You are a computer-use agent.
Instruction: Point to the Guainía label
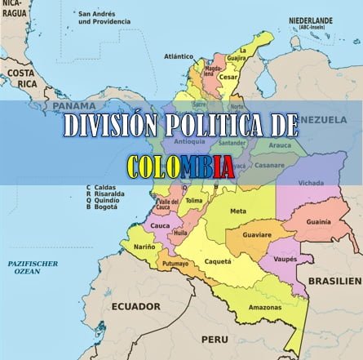tap(318, 221)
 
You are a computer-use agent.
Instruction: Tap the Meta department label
tap(238, 211)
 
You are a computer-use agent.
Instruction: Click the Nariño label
tap(144, 247)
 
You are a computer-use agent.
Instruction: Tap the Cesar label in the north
tap(228, 78)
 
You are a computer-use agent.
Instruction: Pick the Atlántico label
tap(179, 56)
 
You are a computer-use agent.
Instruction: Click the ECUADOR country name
tap(135, 306)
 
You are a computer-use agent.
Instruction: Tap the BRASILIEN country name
tap(334, 280)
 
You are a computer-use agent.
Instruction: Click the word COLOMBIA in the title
tap(181, 167)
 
